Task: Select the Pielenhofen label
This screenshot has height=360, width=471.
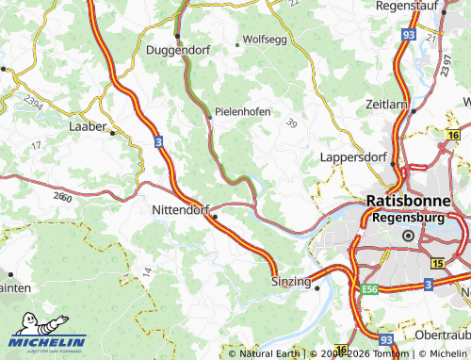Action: pos(243,111)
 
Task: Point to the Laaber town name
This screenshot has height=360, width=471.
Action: pos(88,124)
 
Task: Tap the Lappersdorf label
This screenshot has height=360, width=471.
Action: pos(353,157)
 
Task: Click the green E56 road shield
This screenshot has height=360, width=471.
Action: pos(370,289)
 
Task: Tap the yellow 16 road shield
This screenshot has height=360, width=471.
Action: pos(454,137)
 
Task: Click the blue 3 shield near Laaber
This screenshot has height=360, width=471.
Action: pos(158,141)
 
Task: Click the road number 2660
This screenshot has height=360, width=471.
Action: pos(64,197)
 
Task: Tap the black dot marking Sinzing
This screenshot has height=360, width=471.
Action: pos(318,288)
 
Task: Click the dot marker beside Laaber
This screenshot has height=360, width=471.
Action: pos(112,133)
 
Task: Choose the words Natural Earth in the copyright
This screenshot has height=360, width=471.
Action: pos(269,353)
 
